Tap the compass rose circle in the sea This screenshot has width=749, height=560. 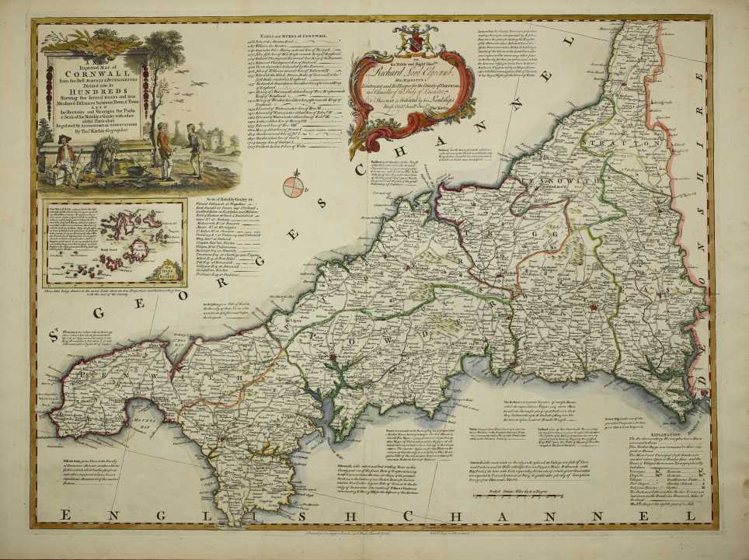[294, 187]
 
